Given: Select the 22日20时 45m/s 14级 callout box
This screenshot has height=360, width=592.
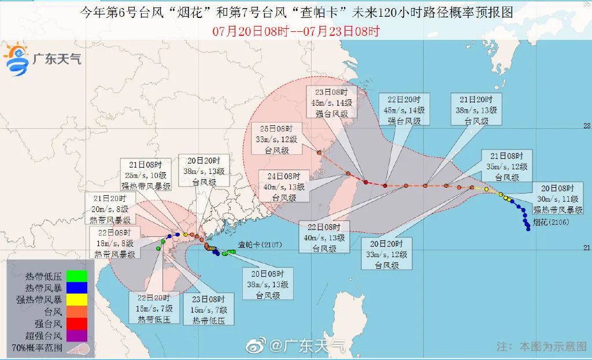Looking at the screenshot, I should pos(405,109).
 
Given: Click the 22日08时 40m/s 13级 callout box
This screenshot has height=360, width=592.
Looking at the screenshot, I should pos(324,237).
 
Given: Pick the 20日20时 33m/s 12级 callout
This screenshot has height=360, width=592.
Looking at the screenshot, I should pos(387,253).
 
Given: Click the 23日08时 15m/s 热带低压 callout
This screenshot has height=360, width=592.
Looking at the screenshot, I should pos(210,309).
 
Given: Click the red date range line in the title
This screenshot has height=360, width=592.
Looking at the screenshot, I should pos(295,31).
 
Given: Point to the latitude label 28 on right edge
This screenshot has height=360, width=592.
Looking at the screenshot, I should pos(585,126).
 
